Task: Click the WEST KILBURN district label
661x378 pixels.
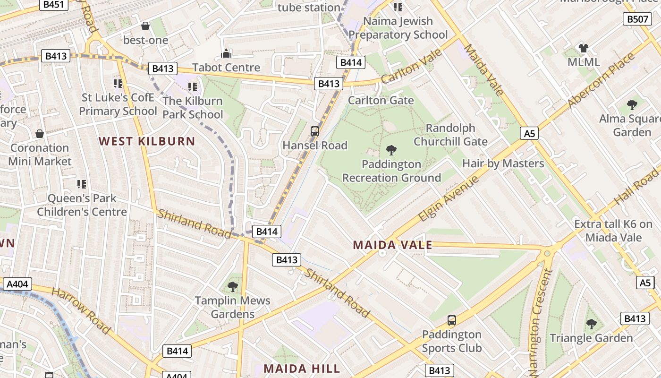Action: click(x=147, y=141)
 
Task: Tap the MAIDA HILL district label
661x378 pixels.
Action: click(x=301, y=368)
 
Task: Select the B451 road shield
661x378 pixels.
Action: click(x=55, y=5)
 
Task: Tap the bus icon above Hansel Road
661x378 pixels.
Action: click(x=315, y=131)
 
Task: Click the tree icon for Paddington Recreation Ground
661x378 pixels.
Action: click(x=391, y=150)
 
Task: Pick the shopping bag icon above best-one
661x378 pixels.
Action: click(x=145, y=26)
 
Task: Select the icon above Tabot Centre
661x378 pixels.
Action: click(x=226, y=53)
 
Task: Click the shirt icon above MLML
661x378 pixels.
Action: click(x=584, y=48)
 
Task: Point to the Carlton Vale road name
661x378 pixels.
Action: click(x=411, y=67)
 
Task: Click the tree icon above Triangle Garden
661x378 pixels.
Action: click(x=591, y=324)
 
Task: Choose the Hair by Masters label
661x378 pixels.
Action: click(x=503, y=163)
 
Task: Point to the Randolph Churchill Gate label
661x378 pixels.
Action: click(x=450, y=135)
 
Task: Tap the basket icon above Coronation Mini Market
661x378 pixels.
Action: click(x=40, y=134)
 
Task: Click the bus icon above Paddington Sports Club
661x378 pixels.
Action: click(x=452, y=320)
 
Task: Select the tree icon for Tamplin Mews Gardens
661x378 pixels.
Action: click(x=232, y=286)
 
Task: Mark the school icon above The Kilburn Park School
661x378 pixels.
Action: click(x=192, y=87)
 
